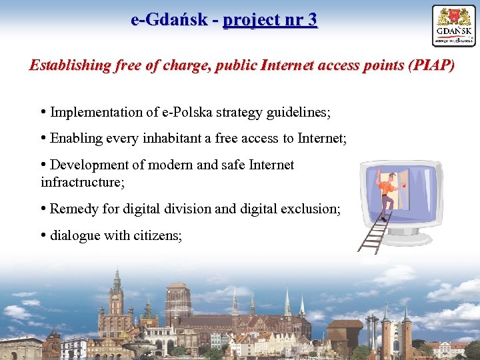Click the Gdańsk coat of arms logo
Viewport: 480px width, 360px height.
453,25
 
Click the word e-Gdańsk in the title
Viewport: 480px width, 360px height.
169,20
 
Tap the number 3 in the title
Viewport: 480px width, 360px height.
313,20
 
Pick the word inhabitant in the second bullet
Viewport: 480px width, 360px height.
173,138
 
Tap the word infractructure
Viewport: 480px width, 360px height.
82,181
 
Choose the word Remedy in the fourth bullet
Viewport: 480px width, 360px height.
73,209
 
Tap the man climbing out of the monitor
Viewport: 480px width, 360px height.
386,190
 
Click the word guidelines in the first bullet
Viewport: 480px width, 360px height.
298,112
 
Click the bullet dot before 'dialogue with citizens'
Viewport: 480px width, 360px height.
43,235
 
